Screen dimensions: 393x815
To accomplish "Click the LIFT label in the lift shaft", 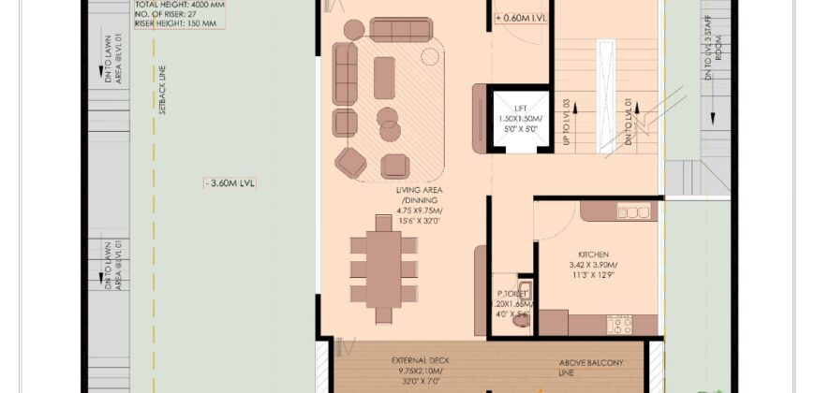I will point(521,109).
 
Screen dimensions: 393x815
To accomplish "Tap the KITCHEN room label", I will point(594,255).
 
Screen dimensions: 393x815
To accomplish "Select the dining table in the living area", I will point(384,269).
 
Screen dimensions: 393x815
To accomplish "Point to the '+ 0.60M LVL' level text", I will point(523,18).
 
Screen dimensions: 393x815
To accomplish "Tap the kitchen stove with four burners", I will point(618,325).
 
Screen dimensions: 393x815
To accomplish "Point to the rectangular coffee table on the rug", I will point(384,78).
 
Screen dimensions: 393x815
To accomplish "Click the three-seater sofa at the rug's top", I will point(401,29).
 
